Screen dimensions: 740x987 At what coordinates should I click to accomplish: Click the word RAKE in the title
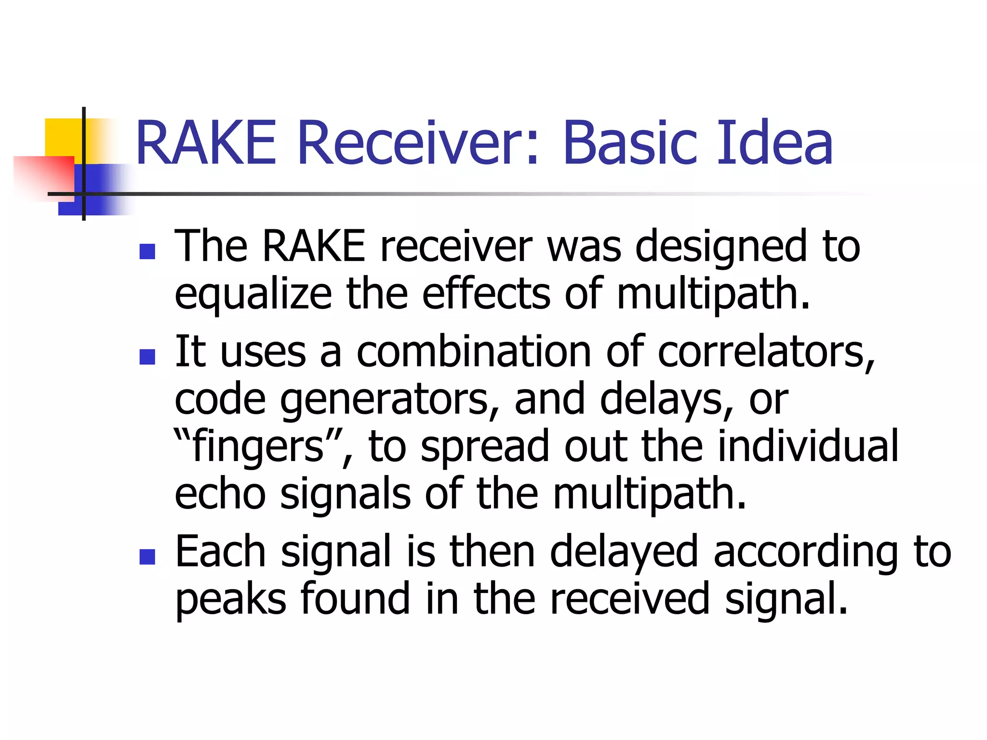(x=206, y=143)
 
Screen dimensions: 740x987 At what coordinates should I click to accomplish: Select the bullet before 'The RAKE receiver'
(x=147, y=251)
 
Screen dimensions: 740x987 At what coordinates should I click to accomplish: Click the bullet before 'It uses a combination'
(x=147, y=357)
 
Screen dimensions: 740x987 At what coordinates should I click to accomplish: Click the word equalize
(x=253, y=295)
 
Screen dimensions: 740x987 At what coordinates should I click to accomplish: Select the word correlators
(x=766, y=352)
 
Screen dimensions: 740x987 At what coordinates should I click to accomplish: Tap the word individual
(x=808, y=446)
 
